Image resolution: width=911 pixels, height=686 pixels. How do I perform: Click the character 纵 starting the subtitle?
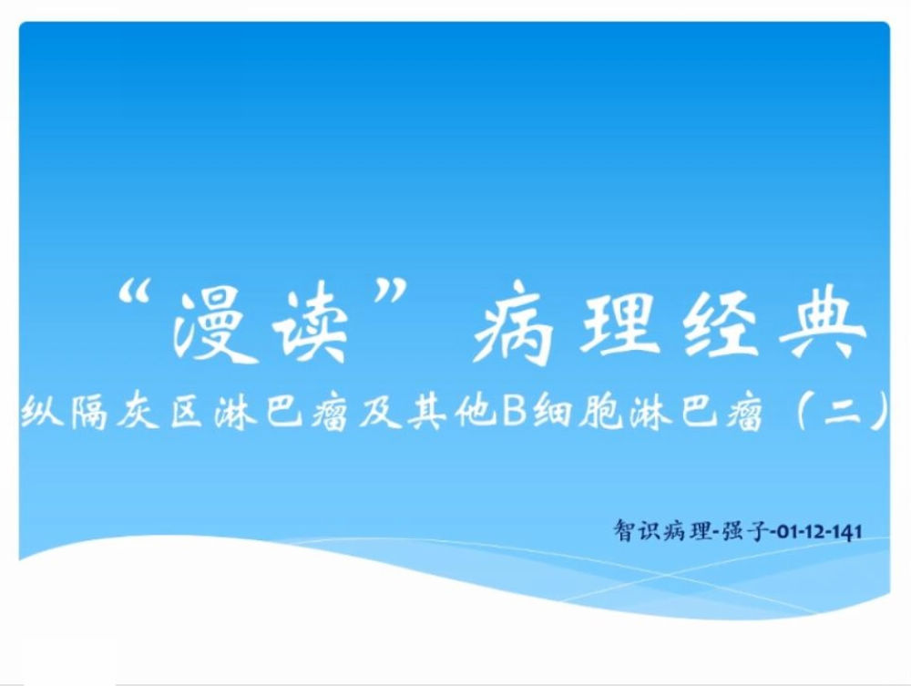42,412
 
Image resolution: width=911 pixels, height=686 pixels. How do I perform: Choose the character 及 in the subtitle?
380,412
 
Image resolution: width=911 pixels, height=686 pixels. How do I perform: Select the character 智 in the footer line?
625,530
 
